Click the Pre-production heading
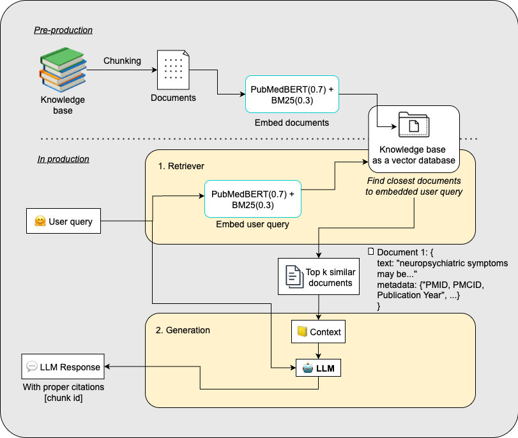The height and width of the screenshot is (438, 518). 63,30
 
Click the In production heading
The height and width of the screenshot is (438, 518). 63,159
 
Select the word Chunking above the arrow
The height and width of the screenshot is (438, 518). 122,61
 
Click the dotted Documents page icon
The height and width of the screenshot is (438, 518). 173,70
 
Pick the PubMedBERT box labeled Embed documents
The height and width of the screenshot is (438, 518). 292,94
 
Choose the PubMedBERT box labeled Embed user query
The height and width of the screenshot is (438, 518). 252,199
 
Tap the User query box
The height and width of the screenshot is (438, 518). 63,222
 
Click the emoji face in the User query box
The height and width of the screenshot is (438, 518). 40,222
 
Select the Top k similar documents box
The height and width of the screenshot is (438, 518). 318,276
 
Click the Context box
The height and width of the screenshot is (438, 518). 318,332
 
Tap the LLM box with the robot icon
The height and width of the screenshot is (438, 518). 318,368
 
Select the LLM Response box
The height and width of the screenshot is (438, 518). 63,366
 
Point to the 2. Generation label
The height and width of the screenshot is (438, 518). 183,330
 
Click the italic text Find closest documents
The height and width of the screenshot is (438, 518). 414,181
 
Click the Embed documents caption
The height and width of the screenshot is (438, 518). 292,123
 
